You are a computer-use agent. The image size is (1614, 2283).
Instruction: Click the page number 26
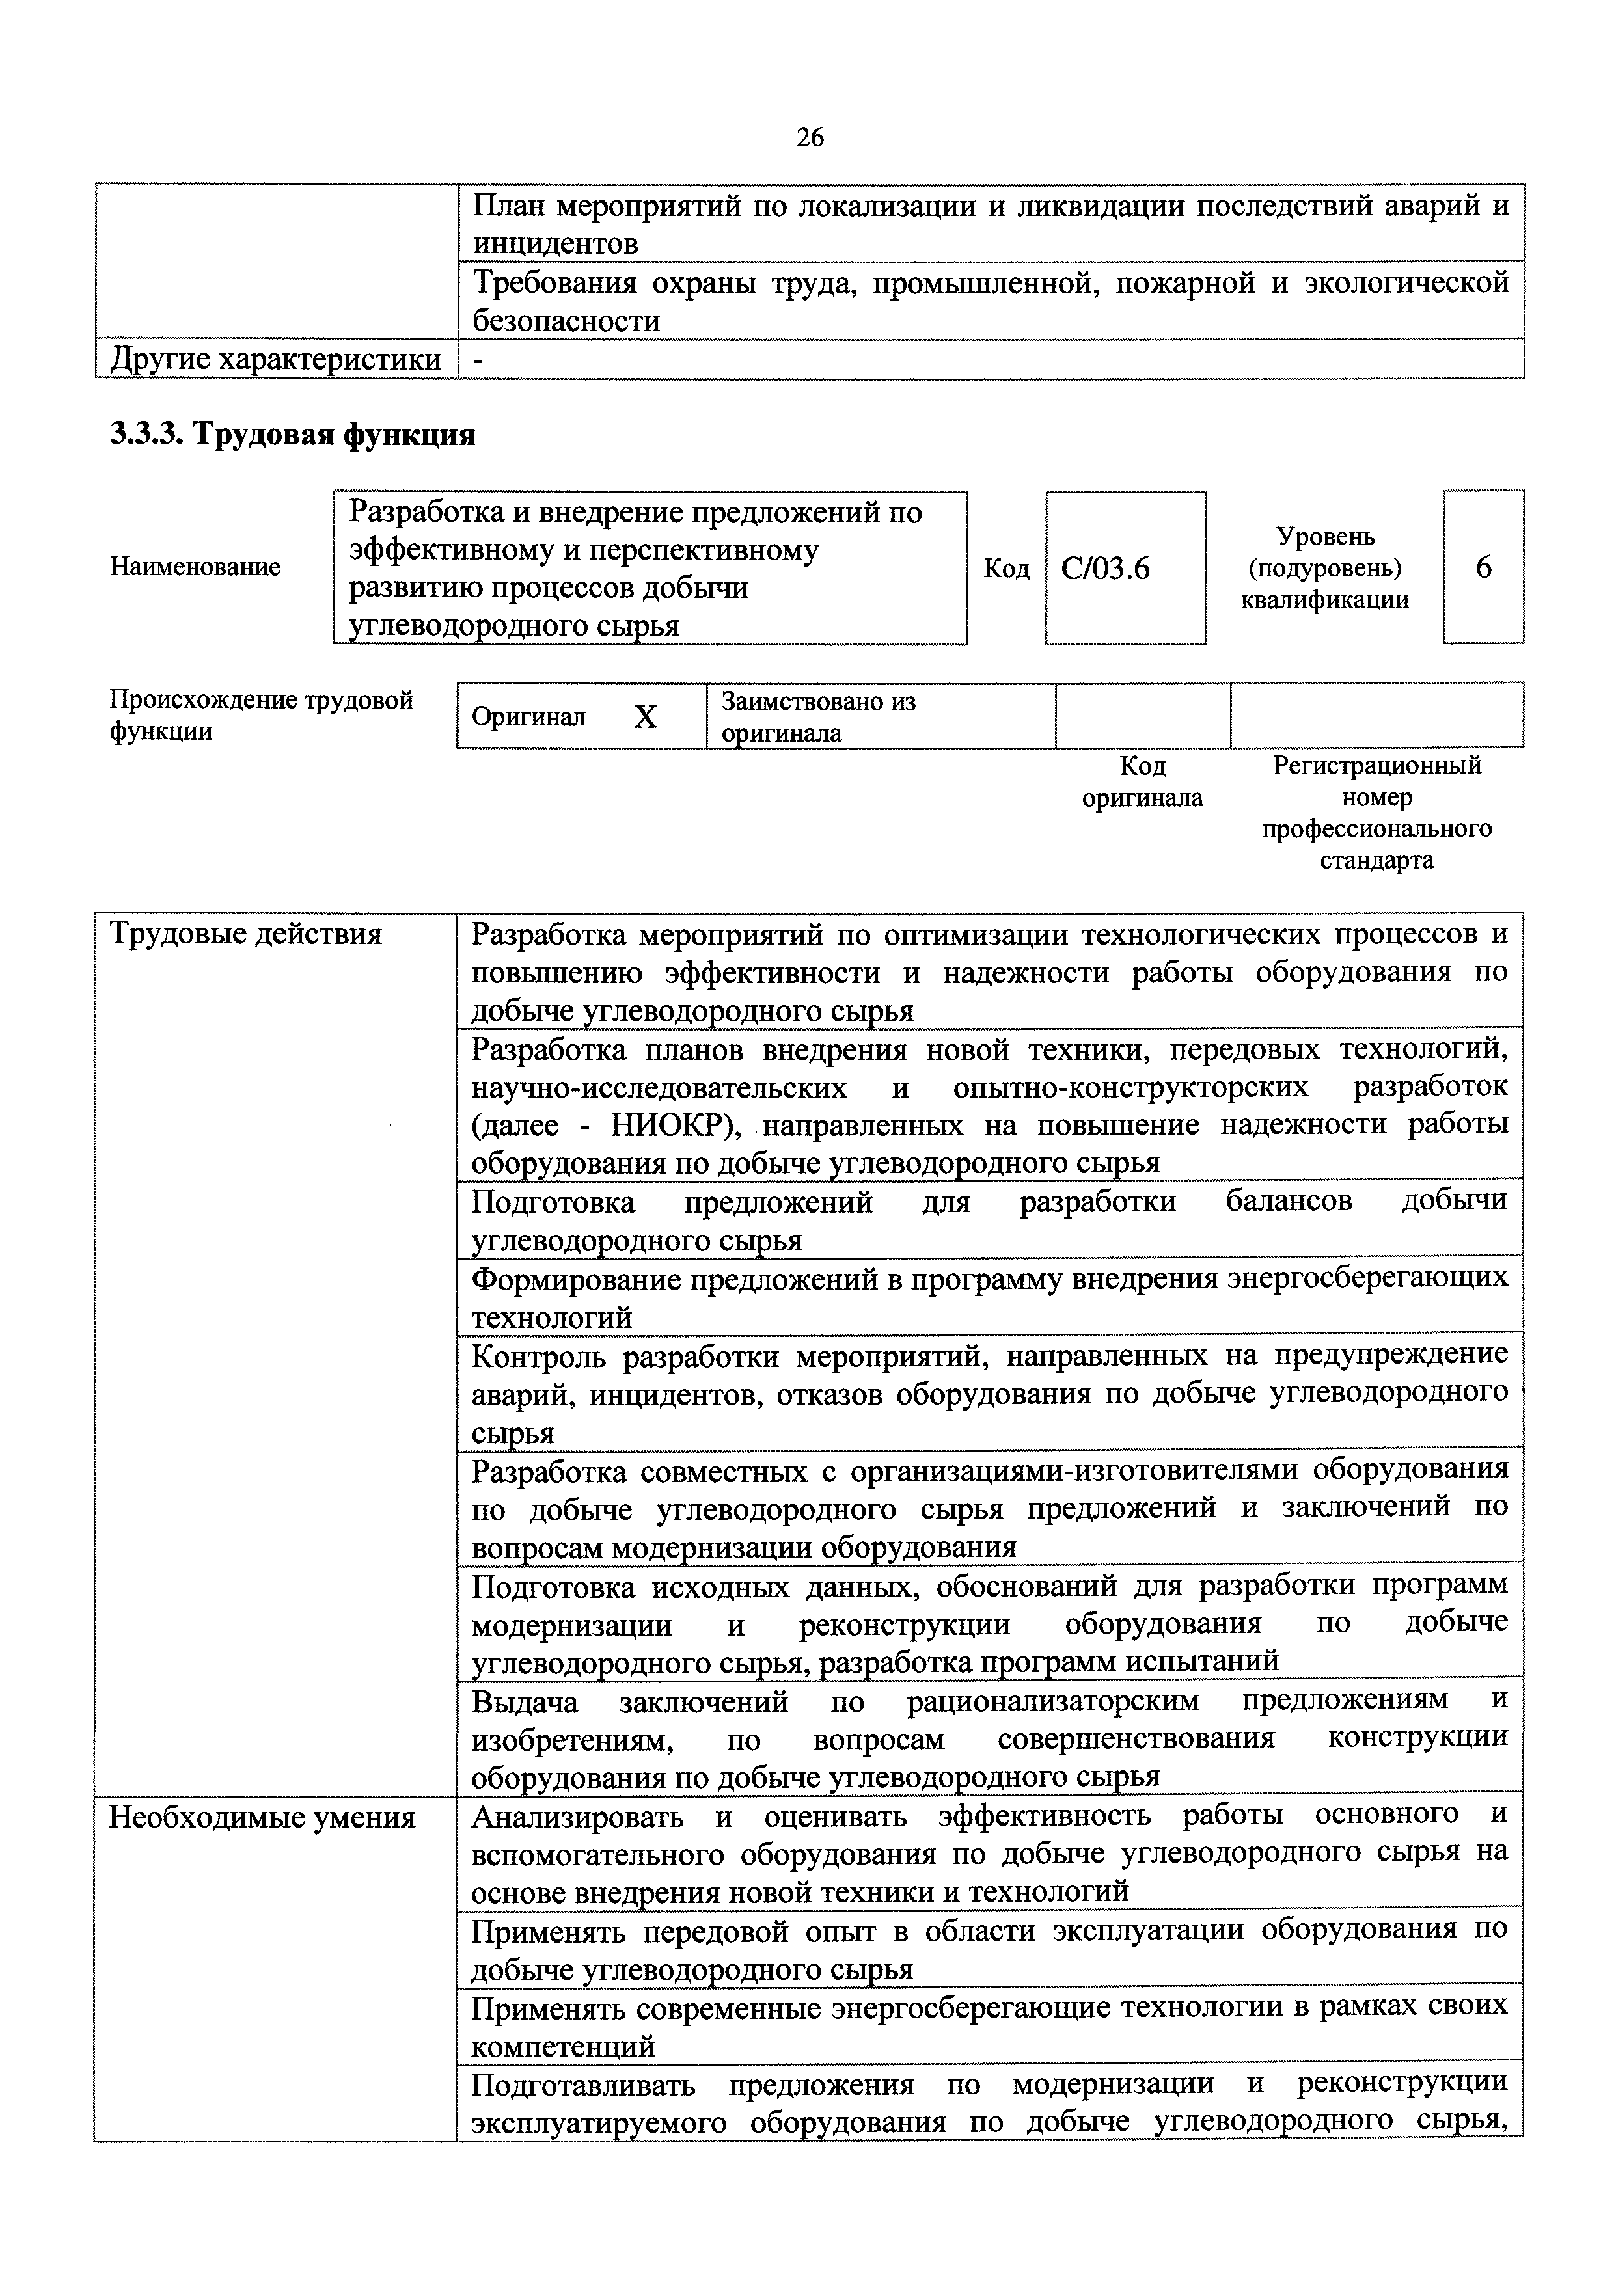810,137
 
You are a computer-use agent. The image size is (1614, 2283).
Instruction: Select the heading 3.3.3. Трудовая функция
292,435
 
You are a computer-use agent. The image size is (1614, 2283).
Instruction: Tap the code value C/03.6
1105,568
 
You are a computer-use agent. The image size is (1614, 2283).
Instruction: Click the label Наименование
195,567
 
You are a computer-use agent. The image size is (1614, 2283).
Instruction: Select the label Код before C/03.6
1006,568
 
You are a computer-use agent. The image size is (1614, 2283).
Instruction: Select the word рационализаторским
1052,1700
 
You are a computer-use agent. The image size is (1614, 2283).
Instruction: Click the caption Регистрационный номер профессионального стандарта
1376,813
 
